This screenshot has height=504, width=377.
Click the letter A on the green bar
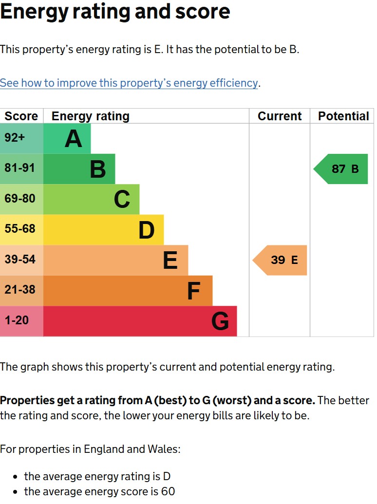[73, 139]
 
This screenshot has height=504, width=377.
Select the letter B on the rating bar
[98, 169]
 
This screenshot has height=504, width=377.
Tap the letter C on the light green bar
[122, 200]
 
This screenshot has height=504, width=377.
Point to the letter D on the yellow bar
[147, 230]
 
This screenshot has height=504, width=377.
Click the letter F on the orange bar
[194, 291]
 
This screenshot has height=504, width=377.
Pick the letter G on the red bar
[220, 321]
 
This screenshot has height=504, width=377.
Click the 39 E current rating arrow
[280, 261]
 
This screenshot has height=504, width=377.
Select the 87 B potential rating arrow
[340, 169]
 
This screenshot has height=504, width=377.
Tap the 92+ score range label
[15, 138]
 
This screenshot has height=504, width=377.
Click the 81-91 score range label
[19, 168]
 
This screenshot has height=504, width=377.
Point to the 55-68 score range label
[20, 228]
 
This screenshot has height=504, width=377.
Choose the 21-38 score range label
[20, 289]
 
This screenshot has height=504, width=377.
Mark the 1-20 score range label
[17, 320]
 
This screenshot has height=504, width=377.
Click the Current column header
[280, 116]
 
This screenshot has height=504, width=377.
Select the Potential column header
[343, 116]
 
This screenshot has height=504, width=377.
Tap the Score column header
[21, 116]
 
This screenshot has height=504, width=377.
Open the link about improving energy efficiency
[129, 83]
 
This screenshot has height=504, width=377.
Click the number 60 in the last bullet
[168, 491]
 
